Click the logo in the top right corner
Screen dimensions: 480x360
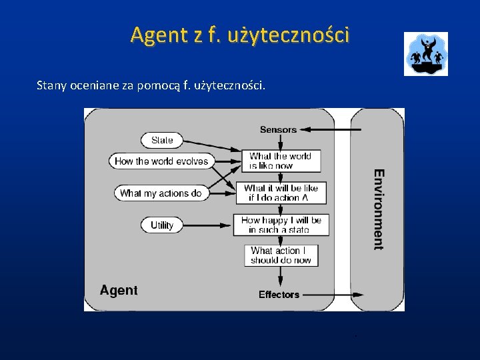click(x=425, y=54)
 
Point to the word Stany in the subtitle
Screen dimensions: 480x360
click(x=52, y=85)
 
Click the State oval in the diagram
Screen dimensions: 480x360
click(x=162, y=140)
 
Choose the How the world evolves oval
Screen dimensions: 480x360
click(x=161, y=161)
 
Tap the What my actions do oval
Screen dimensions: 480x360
click(x=161, y=193)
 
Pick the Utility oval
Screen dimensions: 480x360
click(x=161, y=225)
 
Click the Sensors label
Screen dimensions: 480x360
click(x=278, y=129)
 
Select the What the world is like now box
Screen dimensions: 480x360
click(x=281, y=161)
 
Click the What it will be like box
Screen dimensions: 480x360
click(x=281, y=193)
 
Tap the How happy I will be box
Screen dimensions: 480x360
click(x=281, y=225)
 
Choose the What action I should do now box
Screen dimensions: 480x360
click(x=281, y=255)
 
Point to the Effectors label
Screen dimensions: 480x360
click(x=279, y=294)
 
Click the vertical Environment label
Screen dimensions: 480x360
click(x=379, y=209)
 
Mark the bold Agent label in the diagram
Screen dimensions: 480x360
click(x=119, y=290)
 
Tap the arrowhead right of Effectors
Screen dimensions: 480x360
click(x=359, y=294)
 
